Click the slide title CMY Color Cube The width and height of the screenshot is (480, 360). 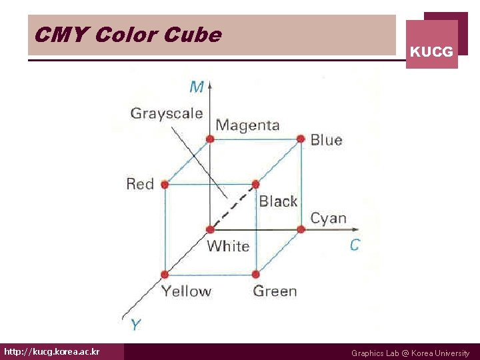coord(127,35)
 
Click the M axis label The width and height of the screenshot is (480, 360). coord(197,87)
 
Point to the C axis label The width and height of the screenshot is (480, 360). coord(355,245)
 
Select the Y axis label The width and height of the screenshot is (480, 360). coord(135,325)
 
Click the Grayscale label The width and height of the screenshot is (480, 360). coord(167,113)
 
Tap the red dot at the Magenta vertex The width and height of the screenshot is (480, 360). coord(210,139)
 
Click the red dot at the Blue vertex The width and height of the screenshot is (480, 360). coord(301,139)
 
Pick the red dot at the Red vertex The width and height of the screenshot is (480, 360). coord(165,184)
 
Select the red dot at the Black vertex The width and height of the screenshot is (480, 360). coord(255,184)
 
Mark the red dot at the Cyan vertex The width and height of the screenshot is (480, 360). coord(301,229)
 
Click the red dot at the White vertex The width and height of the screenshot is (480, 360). coord(210,229)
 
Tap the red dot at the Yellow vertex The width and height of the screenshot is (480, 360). coord(165,274)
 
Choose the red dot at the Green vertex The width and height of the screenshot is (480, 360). coord(255,274)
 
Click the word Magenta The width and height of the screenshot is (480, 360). coord(247,125)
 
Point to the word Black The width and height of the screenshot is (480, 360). coord(278,201)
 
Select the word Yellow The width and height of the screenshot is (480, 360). coord(186,291)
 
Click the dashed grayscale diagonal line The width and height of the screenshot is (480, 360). coord(233,206)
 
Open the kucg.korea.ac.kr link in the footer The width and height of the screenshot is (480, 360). coord(52,351)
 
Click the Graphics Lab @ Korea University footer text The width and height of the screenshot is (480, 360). coord(410,353)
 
